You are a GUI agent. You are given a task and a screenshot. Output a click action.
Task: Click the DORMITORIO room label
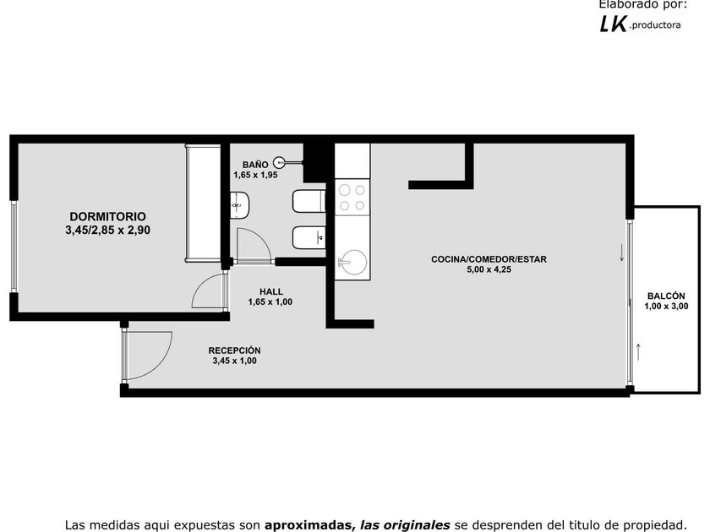point(108,217)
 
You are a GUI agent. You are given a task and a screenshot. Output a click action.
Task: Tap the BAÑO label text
point(255,165)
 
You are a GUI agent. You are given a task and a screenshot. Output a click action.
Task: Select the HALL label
point(270,292)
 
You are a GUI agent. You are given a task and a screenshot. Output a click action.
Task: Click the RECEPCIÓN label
point(234,350)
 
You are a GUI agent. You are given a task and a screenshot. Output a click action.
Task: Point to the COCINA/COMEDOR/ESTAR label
point(489,259)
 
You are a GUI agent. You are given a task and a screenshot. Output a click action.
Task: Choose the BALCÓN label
point(666,296)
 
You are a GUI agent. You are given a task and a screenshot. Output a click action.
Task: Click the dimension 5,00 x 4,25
point(489,269)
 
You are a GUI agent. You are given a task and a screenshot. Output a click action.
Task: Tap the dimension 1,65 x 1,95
point(255,175)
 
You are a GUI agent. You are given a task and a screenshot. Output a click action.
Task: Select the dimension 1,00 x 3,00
point(666,307)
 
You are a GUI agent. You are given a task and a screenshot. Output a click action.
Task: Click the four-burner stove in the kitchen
point(352,198)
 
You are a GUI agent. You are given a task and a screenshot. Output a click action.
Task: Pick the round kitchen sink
point(353,263)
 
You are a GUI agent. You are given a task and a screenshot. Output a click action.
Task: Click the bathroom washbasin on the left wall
point(239,205)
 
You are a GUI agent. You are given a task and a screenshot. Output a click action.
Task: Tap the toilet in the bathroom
point(309,201)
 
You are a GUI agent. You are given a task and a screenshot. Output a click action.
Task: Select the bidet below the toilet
point(309,237)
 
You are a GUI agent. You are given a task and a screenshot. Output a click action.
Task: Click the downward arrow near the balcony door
point(622,252)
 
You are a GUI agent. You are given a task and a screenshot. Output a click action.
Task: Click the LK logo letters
point(613,24)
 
